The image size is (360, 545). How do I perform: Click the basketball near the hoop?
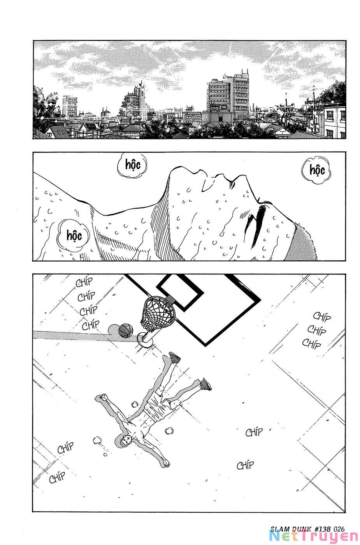point(126,331)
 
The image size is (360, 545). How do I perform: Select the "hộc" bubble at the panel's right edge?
point(316,170)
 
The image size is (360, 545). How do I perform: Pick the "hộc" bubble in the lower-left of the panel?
point(74,235)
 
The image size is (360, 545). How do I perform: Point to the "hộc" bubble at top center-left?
point(133,165)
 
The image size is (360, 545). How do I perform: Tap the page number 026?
point(339,529)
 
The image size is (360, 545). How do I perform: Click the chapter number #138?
point(322,529)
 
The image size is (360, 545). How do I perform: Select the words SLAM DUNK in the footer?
point(291,529)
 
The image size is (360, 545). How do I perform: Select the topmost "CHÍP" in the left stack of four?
point(84,282)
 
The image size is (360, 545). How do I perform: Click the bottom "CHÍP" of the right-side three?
point(312,344)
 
